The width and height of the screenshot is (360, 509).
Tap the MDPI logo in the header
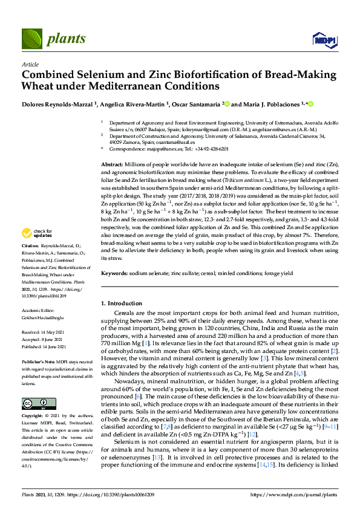coord(324,40)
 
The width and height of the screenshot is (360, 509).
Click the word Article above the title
coord(30,64)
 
